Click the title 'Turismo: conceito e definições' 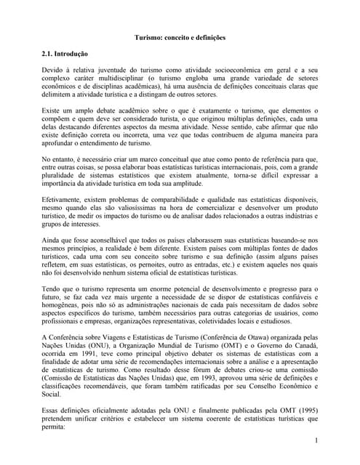pos(180,37)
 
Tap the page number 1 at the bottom pos(318,441)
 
